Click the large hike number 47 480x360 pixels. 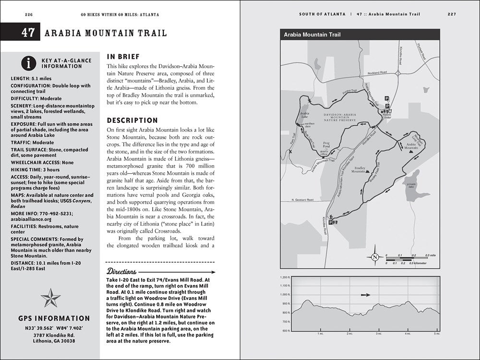pos(27,33)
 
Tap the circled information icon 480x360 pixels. pos(30,63)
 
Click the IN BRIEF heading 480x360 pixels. pos(124,56)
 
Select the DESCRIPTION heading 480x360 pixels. pos(132,120)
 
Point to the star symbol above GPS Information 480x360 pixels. pos(50,298)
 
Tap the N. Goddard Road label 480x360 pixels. pos(302,199)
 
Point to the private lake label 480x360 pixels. pos(411,185)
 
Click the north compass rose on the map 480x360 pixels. pos(374,257)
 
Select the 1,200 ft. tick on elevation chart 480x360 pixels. pos(285,277)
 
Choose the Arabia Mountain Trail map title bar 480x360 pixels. pos(360,35)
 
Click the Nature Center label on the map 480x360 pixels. pos(387,115)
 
